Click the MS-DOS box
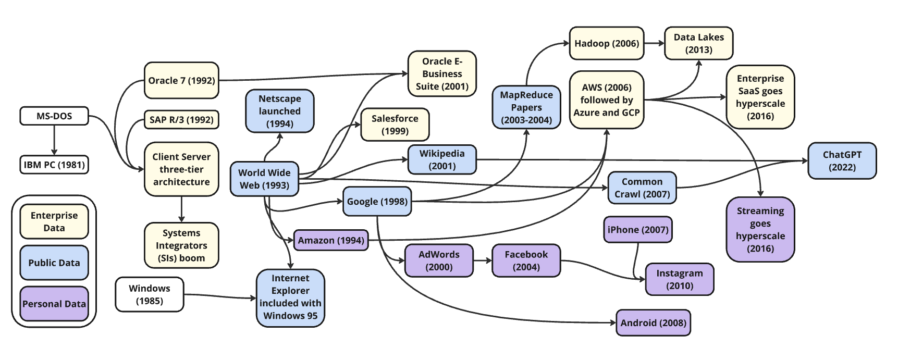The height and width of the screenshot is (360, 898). tap(54, 116)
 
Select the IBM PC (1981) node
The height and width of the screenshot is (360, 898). tap(54, 165)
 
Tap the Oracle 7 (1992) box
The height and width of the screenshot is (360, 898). tap(181, 80)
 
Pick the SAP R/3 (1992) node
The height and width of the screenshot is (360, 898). tap(181, 120)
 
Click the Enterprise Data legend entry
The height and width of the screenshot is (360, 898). tap(54, 221)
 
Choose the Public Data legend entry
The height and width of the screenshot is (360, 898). tap(54, 263)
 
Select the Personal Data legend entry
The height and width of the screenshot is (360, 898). tap(54, 304)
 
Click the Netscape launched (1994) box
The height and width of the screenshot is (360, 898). tap(280, 111)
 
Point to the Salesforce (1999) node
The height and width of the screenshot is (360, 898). tap(395, 125)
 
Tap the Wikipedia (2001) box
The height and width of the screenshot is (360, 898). tap(442, 159)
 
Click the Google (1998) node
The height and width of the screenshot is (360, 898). tap(377, 202)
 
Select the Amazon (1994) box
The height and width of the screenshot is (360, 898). tap(331, 240)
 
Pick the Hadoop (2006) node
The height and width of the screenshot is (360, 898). tap(607, 43)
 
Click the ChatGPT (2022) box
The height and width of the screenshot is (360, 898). tap(842, 161)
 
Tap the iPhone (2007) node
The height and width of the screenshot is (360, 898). tap(638, 230)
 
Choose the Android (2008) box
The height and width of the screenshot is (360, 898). tap(653, 322)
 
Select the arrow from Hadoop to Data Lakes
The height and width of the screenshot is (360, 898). tap(654, 43)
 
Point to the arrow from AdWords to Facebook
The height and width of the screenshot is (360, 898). tap(483, 260)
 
